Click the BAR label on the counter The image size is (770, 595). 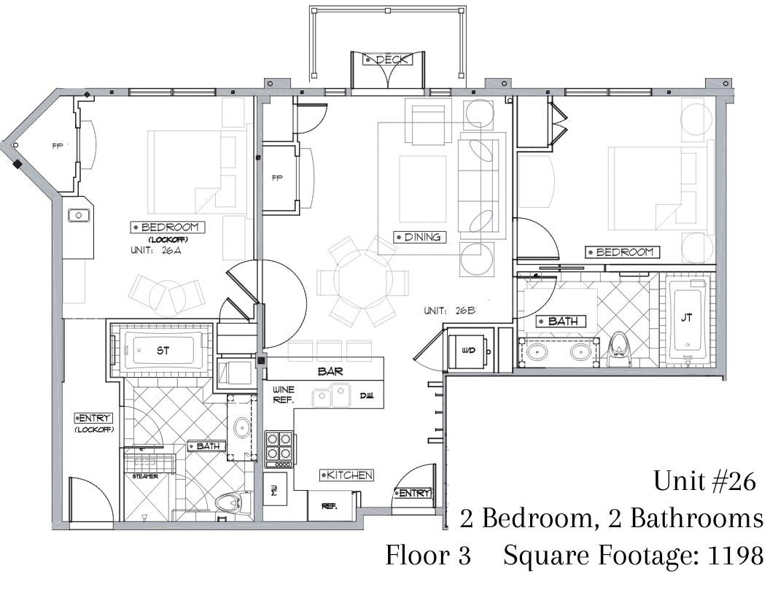tap(330, 372)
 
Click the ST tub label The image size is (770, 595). tap(163, 351)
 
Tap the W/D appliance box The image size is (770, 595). tap(468, 351)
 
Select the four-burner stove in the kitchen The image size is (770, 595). tap(279, 449)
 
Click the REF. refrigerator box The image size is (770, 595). tap(330, 505)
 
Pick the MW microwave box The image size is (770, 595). tap(275, 489)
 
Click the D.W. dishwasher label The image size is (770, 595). tap(366, 396)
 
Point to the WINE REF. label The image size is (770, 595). tap(284, 394)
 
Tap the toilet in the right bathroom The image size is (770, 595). tap(618, 349)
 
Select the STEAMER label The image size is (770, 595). tap(145, 476)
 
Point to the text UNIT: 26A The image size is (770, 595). tap(156, 250)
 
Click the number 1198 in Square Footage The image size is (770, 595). tap(736, 556)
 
